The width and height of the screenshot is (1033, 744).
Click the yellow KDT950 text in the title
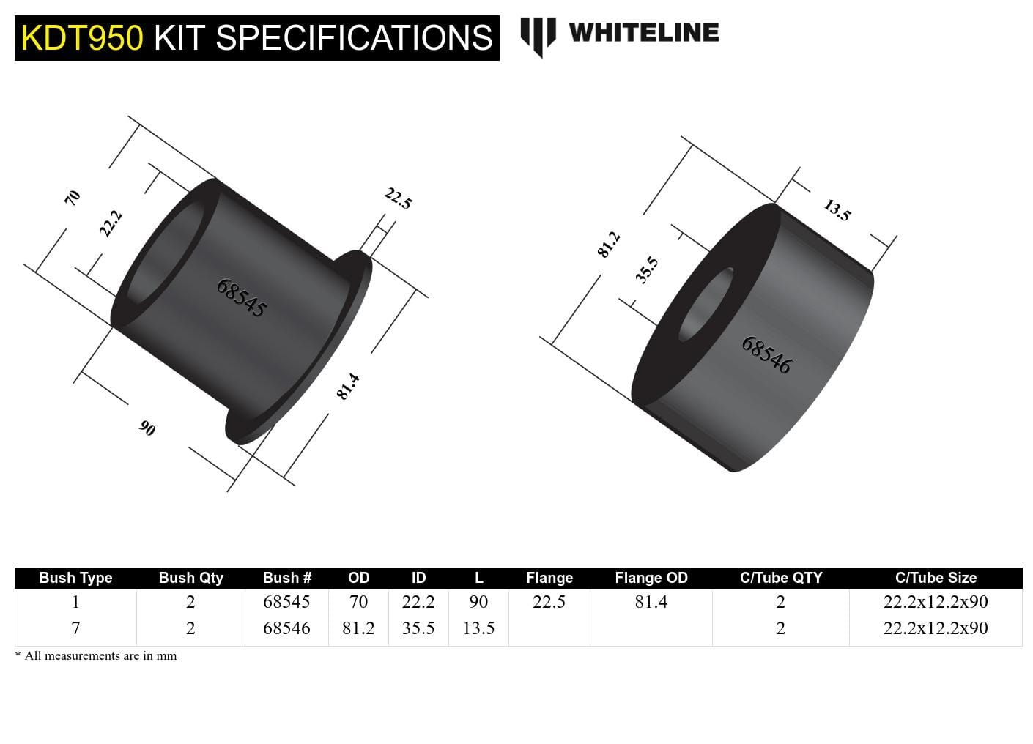coord(81,38)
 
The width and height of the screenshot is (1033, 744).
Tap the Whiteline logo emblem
coord(538,36)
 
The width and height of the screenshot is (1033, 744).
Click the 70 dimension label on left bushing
coord(72,197)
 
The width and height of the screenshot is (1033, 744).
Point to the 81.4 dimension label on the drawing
coord(348,386)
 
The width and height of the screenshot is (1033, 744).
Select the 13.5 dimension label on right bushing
coord(837,210)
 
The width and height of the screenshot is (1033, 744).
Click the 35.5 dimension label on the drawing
coord(647,269)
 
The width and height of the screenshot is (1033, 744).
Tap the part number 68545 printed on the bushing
coord(241,297)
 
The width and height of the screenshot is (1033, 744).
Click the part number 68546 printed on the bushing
coord(766,355)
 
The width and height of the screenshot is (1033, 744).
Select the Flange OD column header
coord(651,578)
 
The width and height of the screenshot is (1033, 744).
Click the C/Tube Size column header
coord(936,578)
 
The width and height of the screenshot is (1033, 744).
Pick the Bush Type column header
coord(75,578)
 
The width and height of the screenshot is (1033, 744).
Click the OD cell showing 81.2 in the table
coord(358,628)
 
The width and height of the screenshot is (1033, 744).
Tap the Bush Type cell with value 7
coord(75,628)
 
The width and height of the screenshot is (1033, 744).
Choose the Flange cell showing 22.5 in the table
coord(549,602)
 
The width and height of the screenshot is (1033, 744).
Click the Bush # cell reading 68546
coord(286,628)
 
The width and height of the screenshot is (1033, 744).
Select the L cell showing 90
coord(478,602)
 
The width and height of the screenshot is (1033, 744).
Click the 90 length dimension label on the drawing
coord(147,428)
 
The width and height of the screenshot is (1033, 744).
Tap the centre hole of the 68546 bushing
coord(705,305)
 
